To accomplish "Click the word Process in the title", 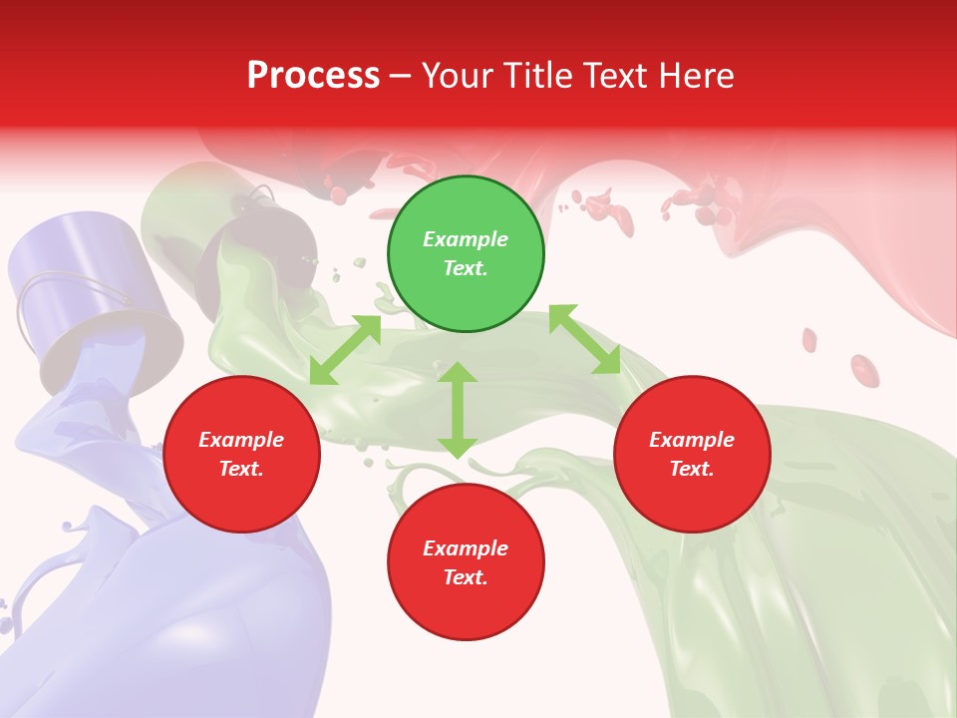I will click(x=313, y=76).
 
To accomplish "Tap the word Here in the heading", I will click(x=696, y=76).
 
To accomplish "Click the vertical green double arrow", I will click(x=458, y=410).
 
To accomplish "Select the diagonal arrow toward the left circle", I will click(x=345, y=350).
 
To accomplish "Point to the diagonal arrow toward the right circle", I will click(x=585, y=340).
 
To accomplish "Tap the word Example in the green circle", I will click(x=466, y=239).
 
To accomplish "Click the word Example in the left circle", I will click(x=241, y=440).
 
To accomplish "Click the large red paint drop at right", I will click(x=864, y=370).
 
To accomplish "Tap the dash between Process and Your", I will click(x=400, y=77).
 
